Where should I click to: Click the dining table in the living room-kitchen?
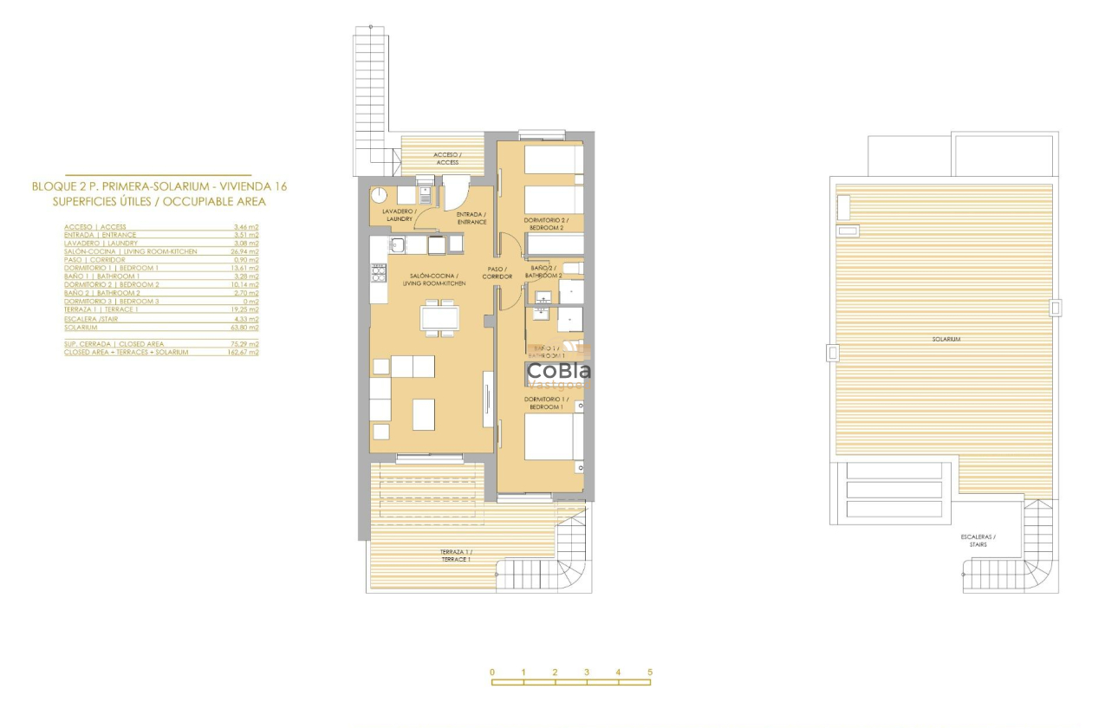(440, 317)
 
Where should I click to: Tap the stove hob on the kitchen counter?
(379, 274)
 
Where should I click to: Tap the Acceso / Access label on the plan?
(447, 159)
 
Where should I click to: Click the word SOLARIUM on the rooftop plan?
(946, 339)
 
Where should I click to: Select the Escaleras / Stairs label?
(978, 541)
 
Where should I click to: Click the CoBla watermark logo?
(559, 372)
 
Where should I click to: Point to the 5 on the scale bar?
(649, 673)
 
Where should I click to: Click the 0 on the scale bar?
(491, 673)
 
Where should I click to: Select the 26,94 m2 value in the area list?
(246, 251)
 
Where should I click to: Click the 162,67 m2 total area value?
(244, 352)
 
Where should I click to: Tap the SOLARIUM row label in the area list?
(81, 327)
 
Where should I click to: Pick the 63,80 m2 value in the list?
(246, 327)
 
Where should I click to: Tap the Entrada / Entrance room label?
(471, 218)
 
